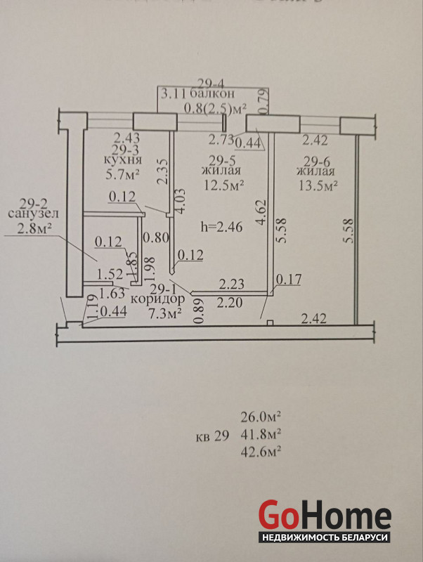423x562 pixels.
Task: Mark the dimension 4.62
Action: tap(260, 212)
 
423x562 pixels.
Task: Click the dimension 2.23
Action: tap(232, 285)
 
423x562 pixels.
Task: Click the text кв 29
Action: tap(211, 436)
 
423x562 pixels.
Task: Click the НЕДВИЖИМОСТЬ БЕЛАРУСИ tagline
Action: tap(325, 537)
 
